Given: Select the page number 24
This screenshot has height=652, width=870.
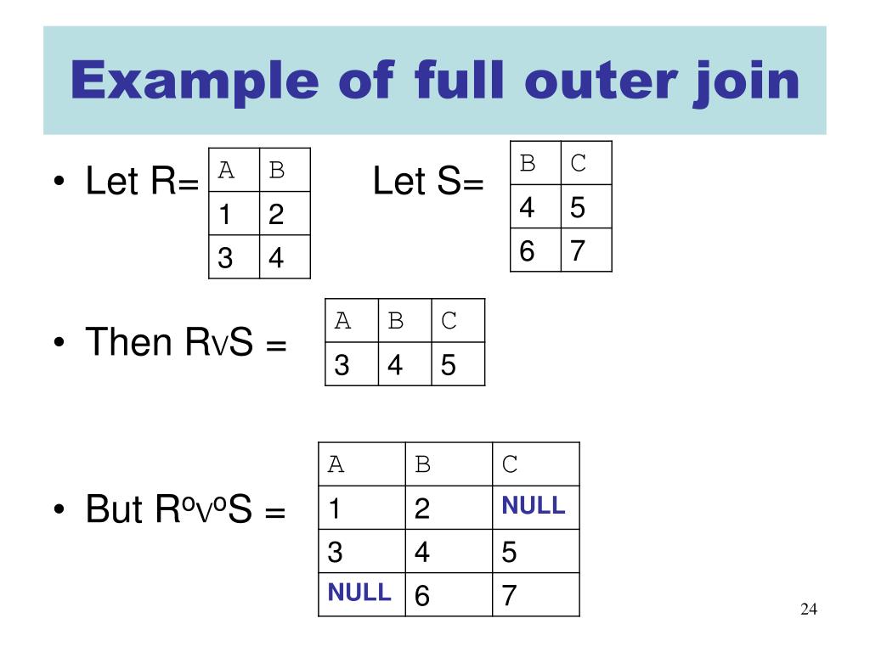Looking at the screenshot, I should pyautogui.click(x=808, y=610).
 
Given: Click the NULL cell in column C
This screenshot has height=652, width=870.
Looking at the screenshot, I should pyautogui.click(x=533, y=507).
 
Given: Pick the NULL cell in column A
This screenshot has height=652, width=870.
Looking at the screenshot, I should pyautogui.click(x=359, y=593).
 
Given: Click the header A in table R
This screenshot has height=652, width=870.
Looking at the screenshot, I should pyautogui.click(x=226, y=171).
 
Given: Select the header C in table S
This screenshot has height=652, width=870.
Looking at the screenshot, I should pyautogui.click(x=579, y=163).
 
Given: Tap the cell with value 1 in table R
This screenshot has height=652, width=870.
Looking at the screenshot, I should pyautogui.click(x=225, y=216).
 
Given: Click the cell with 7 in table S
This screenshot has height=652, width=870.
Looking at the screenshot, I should pyautogui.click(x=578, y=251).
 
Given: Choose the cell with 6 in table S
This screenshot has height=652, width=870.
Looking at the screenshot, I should pyautogui.click(x=527, y=251).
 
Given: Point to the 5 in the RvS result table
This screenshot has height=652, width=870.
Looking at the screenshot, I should pyautogui.click(x=449, y=366).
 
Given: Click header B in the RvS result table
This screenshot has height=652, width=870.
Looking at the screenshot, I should pyautogui.click(x=395, y=321).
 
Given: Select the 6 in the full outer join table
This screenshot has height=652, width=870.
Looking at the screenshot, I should pyautogui.click(x=422, y=596).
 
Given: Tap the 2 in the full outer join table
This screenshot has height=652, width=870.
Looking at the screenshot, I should pyautogui.click(x=422, y=509).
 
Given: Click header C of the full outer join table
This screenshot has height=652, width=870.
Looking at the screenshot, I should pyautogui.click(x=510, y=464).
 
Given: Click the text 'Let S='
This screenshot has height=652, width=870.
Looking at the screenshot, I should pyautogui.click(x=428, y=183).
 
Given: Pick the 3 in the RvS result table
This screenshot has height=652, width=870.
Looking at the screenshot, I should pyautogui.click(x=342, y=366).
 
